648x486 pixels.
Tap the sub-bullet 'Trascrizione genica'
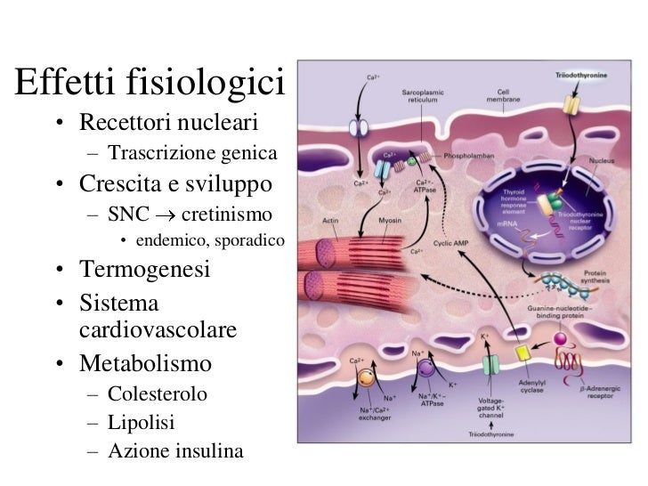tap(187, 153)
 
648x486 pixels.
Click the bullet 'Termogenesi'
tap(145, 269)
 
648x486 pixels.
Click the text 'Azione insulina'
tap(174, 450)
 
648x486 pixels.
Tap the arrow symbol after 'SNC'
tap(158, 215)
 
